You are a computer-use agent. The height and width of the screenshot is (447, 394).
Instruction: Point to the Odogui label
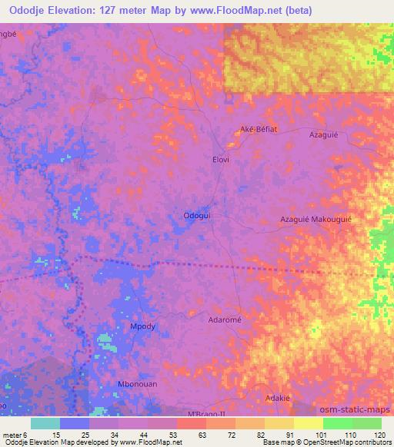[195, 216]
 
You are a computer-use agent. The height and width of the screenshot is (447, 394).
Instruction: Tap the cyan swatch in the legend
[45, 424]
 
